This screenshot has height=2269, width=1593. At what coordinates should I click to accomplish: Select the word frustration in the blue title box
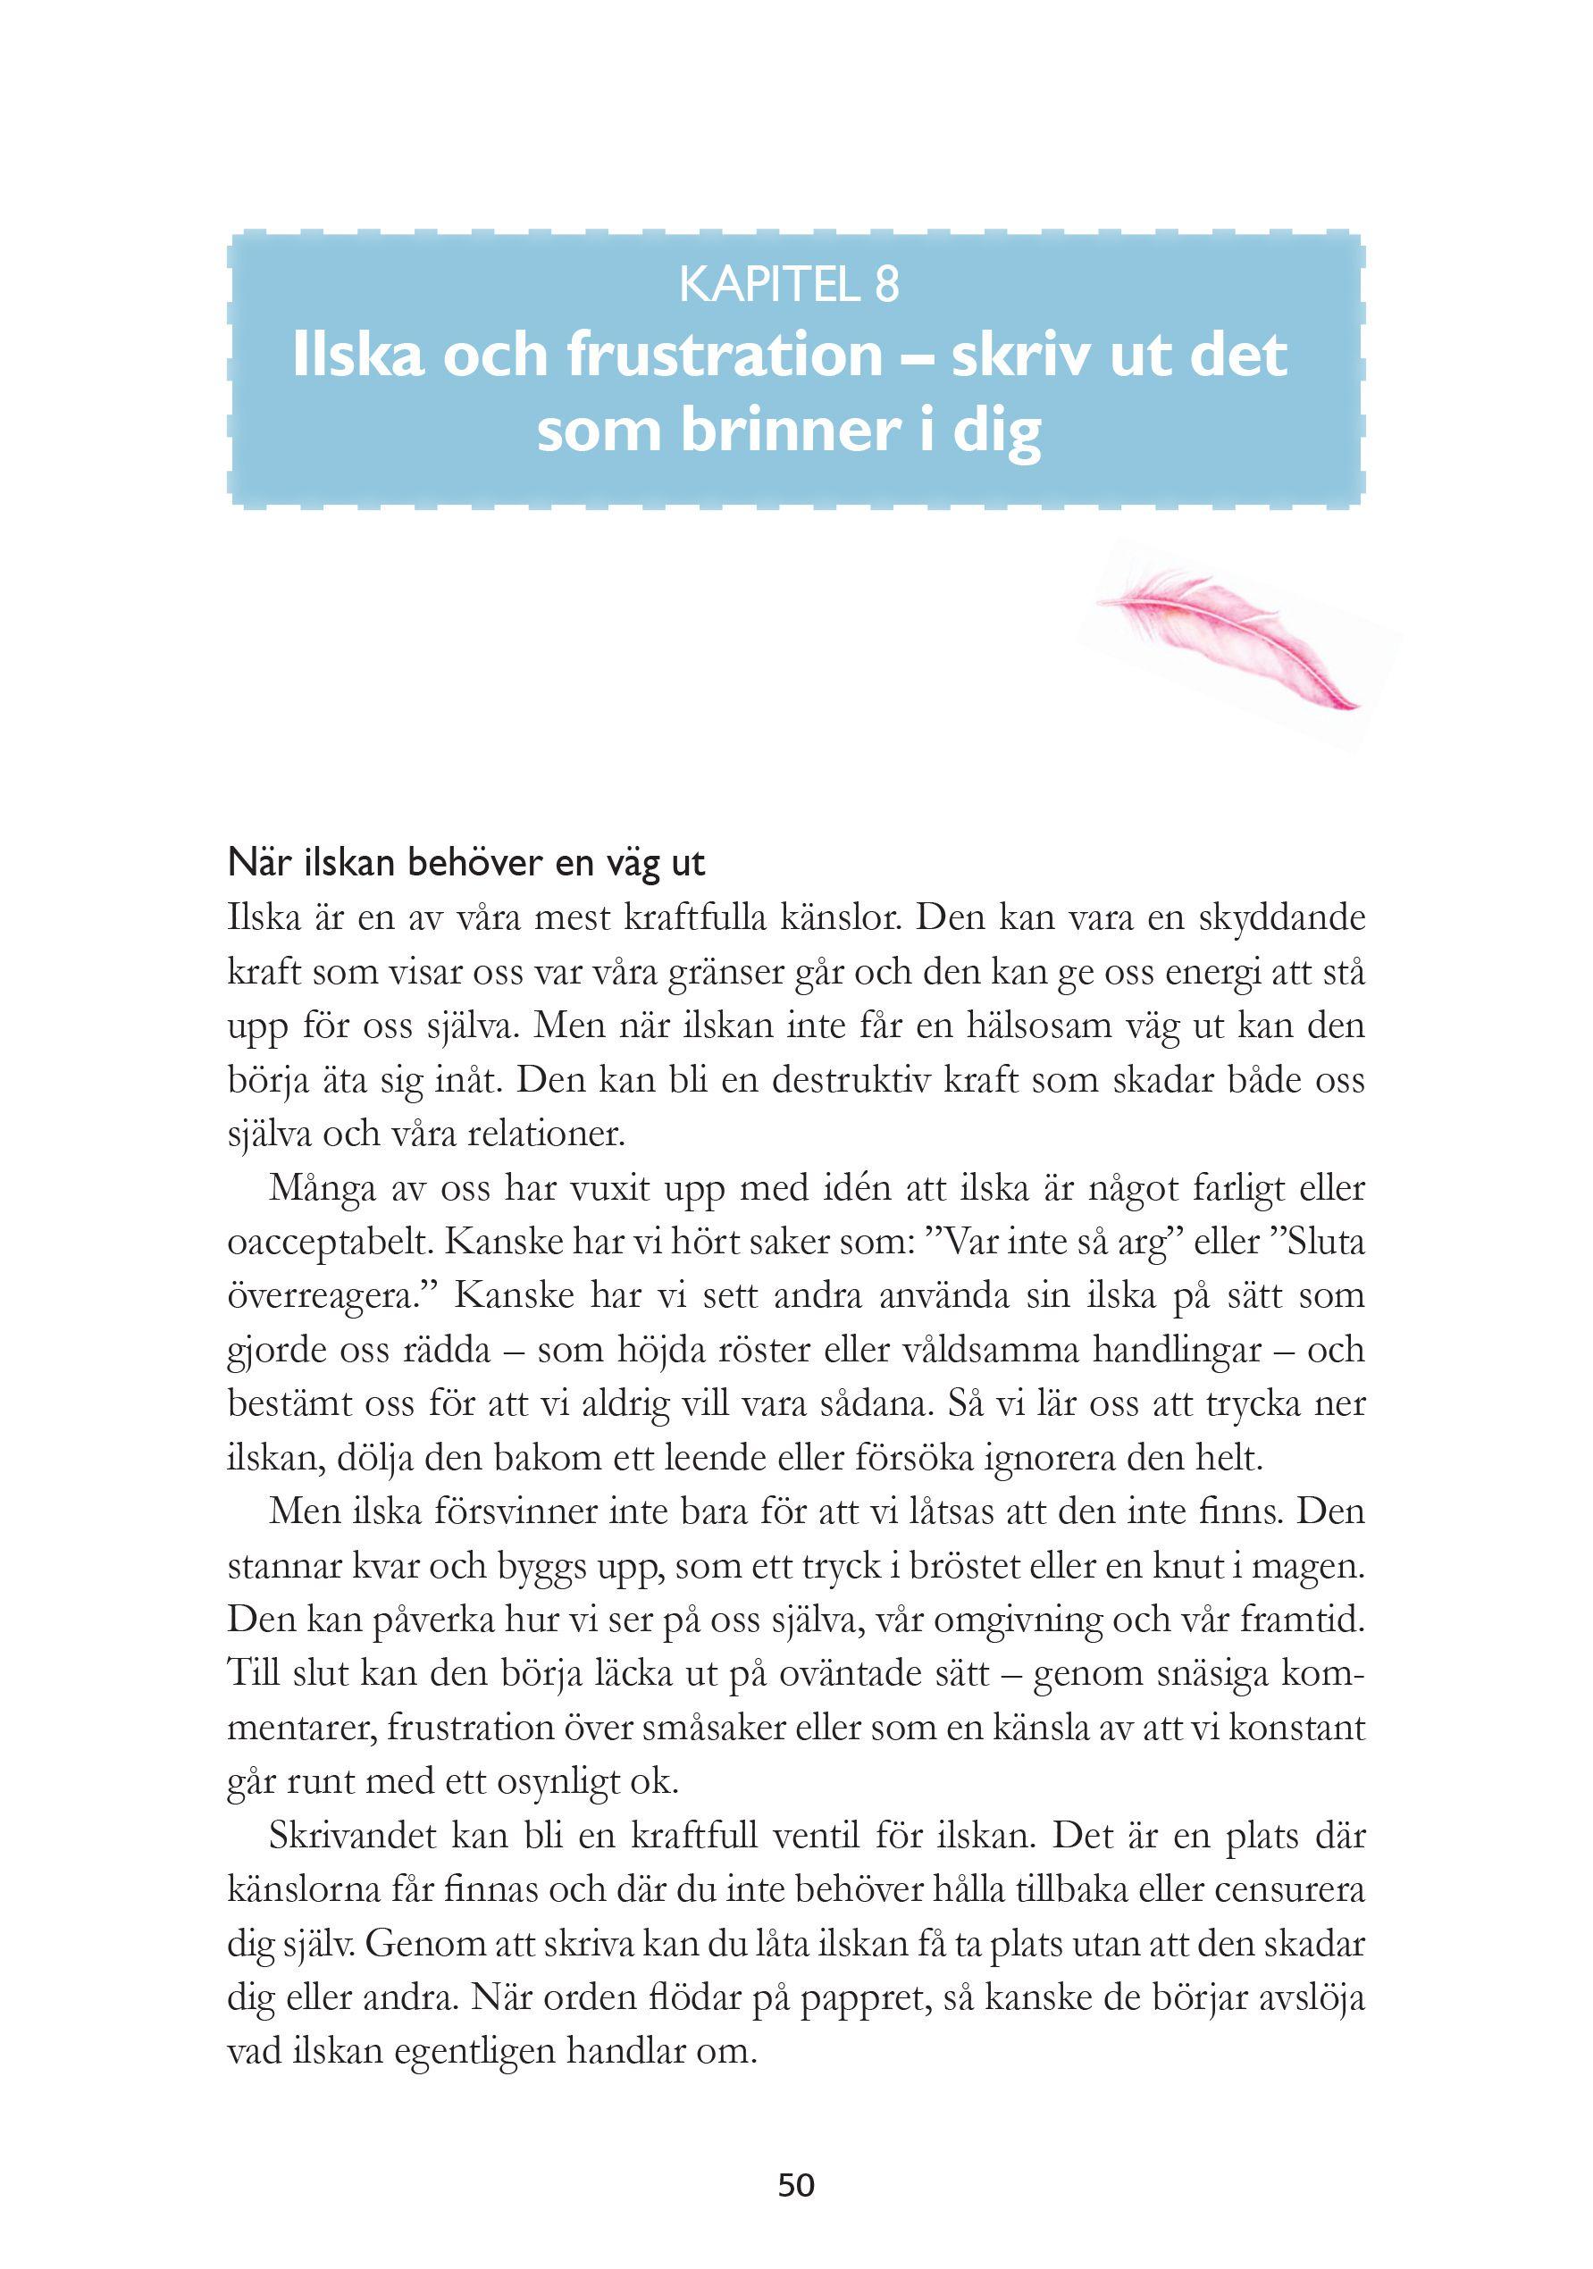coord(723,356)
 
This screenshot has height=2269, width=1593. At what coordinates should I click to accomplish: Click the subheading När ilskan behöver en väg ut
coord(466,864)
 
